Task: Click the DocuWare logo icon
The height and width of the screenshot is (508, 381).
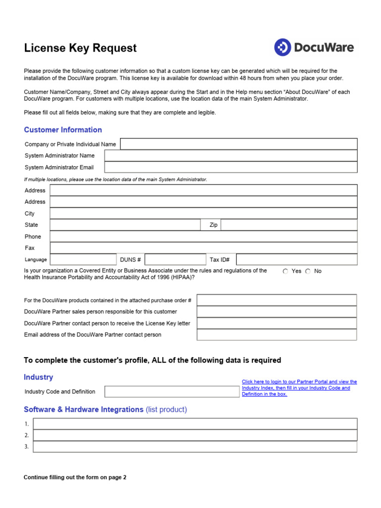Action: tap(282, 48)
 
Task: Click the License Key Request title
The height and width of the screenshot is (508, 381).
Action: tap(80, 48)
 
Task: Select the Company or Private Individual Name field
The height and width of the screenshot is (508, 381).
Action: tap(239, 144)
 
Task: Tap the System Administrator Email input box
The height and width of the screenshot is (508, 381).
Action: tap(231, 167)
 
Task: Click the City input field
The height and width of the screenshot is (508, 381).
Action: tap(203, 213)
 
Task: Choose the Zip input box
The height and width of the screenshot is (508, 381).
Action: tap(289, 225)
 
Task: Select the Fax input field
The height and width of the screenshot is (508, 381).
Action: tap(203, 248)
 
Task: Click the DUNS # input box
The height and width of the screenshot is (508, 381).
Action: tap(175, 259)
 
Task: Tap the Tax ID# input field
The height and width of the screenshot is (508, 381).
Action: tap(296, 259)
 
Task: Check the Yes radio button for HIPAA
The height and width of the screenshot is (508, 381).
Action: tap(285, 271)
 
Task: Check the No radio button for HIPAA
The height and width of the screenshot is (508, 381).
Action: tap(308, 271)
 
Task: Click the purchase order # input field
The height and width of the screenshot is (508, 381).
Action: tap(276, 300)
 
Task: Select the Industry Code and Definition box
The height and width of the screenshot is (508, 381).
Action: tap(172, 391)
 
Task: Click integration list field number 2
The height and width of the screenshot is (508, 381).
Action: tap(195, 435)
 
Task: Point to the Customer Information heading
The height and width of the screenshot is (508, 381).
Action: tap(63, 130)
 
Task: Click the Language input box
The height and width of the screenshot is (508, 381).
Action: tap(83, 259)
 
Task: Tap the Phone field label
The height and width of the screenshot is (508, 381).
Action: tap(33, 237)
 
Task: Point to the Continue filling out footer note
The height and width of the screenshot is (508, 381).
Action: tap(75, 477)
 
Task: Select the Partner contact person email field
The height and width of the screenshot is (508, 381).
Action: tap(276, 335)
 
